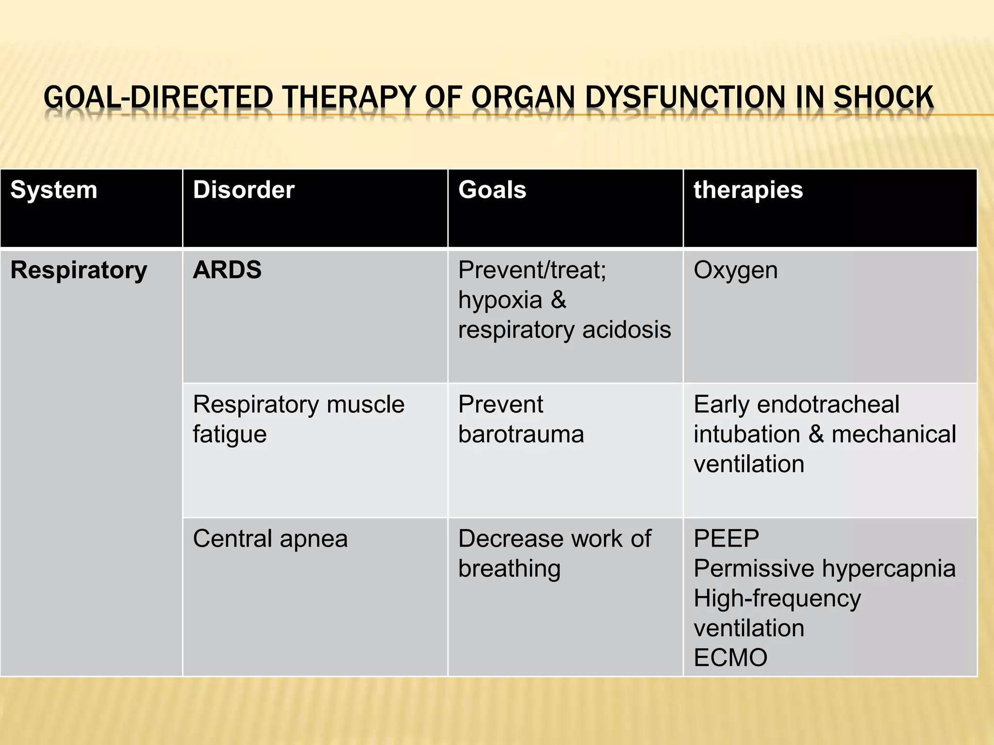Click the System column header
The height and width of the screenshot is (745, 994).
[53, 190]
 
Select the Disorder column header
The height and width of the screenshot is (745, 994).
[244, 190]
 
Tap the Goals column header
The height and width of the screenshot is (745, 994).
[492, 190]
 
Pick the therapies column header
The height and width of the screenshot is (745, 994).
[748, 190]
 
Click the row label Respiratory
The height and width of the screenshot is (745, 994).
[79, 270]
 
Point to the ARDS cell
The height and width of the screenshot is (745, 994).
[227, 270]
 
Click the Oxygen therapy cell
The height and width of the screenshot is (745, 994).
[735, 270]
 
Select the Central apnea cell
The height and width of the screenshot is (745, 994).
[270, 538]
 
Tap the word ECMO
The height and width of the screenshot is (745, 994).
[730, 658]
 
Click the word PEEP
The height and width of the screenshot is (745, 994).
[726, 538]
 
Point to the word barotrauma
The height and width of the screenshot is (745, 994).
[521, 434]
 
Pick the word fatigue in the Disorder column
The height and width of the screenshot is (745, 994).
[230, 434]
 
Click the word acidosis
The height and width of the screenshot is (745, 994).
[627, 330]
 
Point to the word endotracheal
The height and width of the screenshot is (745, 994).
[828, 404]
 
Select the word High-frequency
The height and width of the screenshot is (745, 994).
[777, 598]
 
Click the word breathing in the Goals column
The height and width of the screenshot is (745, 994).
[509, 568]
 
